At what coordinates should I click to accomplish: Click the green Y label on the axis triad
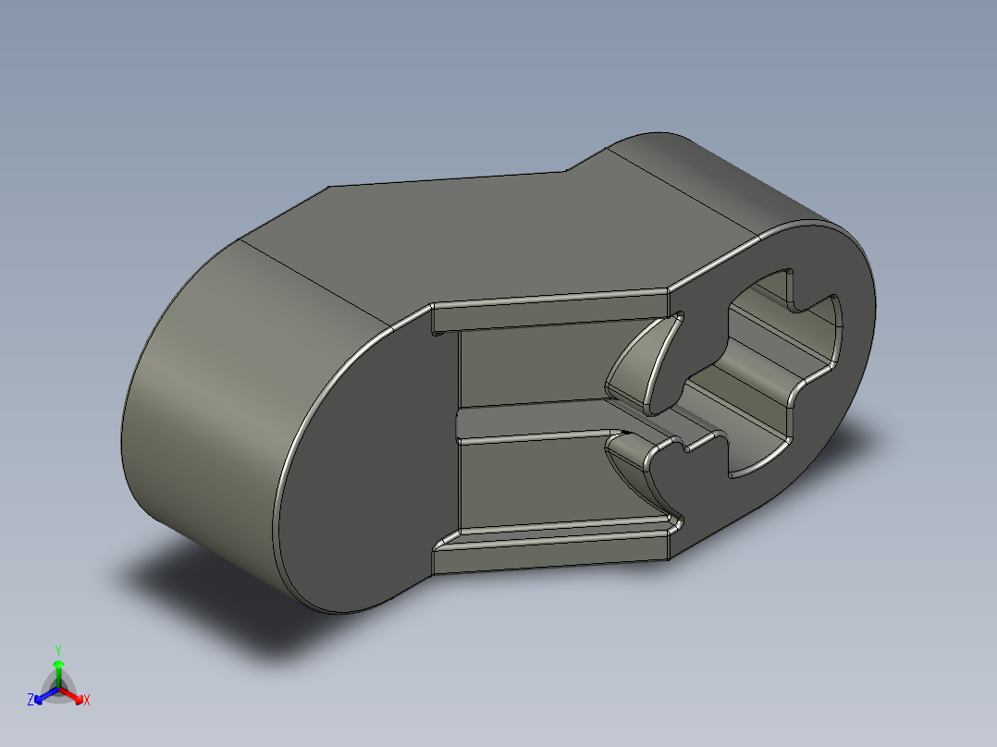click(57, 650)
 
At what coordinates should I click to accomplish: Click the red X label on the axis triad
click(87, 701)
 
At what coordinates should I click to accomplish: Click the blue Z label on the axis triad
click(31, 701)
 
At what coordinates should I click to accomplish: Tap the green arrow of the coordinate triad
click(57, 669)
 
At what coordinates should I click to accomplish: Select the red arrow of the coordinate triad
click(75, 694)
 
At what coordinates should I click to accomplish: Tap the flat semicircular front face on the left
click(370, 462)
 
